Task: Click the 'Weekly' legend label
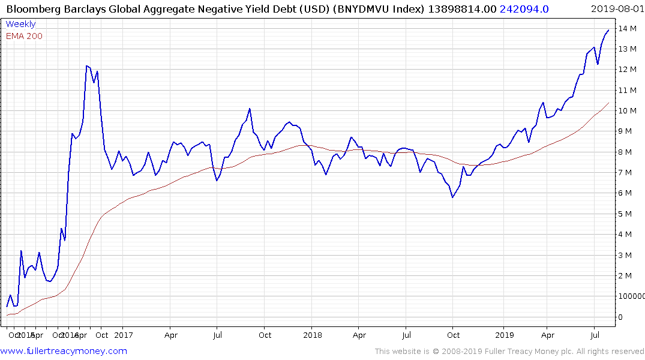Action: [x=20, y=24]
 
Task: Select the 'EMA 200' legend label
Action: [x=24, y=36]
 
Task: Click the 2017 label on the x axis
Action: [x=122, y=335]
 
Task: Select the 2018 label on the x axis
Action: [x=312, y=335]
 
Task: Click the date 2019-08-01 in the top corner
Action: [x=616, y=8]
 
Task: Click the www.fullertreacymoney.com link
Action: [x=64, y=351]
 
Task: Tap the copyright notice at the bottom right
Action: [x=509, y=351]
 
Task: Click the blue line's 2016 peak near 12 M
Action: [x=87, y=66]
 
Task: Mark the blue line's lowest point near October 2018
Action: [x=452, y=197]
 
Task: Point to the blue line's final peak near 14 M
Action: [x=608, y=30]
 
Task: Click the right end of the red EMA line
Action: [x=608, y=103]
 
